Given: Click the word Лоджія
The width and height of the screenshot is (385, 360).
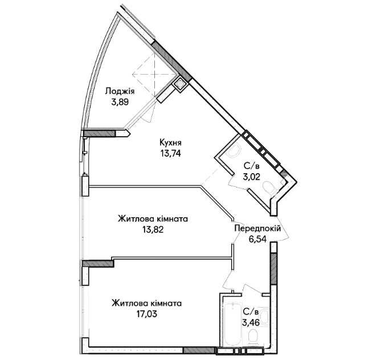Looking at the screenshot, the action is pyautogui.click(x=120, y=92).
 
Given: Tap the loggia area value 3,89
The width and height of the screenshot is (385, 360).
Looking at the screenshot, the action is pyautogui.click(x=120, y=102).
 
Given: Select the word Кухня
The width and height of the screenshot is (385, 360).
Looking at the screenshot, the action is pyautogui.click(x=170, y=142).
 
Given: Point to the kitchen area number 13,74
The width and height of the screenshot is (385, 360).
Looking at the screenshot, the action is pyautogui.click(x=171, y=153).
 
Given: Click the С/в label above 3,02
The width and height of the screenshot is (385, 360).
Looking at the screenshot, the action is pyautogui.click(x=251, y=166).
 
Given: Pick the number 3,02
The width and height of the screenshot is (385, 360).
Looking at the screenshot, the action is pyautogui.click(x=251, y=177).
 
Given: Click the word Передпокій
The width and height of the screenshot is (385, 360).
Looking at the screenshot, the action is pyautogui.click(x=257, y=228).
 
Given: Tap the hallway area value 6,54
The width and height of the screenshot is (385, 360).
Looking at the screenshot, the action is pyautogui.click(x=257, y=239).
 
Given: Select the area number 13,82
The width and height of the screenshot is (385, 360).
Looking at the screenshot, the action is pyautogui.click(x=153, y=230).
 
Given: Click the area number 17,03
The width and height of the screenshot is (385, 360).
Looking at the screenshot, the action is pyautogui.click(x=147, y=314).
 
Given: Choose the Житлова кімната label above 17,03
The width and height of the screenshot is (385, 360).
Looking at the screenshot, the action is pyautogui.click(x=147, y=304).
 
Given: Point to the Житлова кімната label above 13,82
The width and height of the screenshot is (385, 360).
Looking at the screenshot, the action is pyautogui.click(x=153, y=219).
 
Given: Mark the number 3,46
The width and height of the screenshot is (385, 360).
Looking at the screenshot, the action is pyautogui.click(x=251, y=322).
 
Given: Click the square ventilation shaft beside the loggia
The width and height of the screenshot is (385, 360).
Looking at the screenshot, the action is pyautogui.click(x=181, y=84).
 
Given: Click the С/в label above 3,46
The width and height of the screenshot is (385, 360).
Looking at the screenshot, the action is pyautogui.click(x=251, y=312).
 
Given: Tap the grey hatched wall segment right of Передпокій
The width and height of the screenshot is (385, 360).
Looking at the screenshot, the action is pyautogui.click(x=274, y=269).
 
